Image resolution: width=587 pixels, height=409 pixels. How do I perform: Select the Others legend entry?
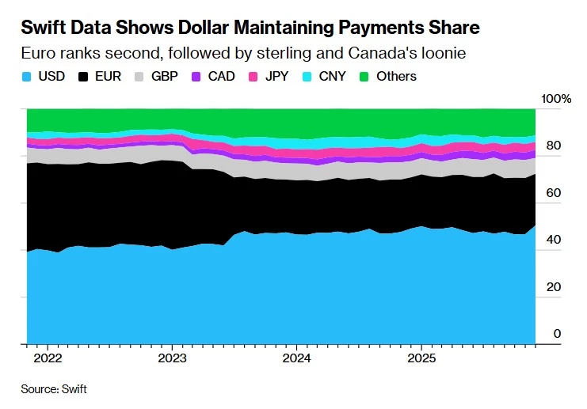(388, 77)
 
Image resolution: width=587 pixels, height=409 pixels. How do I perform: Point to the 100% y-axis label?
(556, 100)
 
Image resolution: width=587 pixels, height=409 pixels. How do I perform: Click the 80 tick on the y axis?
(554, 146)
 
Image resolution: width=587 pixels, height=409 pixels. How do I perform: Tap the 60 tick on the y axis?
(554, 193)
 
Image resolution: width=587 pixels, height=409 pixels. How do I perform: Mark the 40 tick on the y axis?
(554, 240)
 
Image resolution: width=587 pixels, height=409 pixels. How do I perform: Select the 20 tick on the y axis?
(554, 287)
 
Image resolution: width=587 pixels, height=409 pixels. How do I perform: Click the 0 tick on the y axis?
(557, 334)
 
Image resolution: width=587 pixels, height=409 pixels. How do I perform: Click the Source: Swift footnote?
(54, 389)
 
